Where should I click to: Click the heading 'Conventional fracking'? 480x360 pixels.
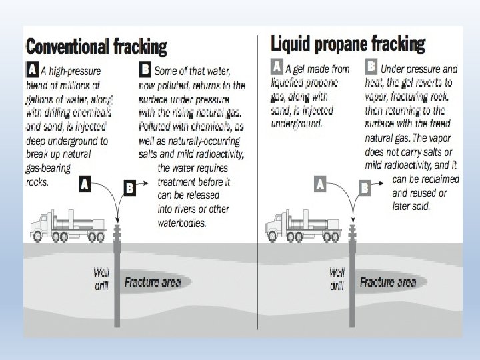(96, 47)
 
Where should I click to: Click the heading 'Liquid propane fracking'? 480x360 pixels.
(347, 45)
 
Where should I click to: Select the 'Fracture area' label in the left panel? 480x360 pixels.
(152, 282)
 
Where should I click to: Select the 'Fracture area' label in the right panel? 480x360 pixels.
(387, 282)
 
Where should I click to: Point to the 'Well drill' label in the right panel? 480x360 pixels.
(337, 279)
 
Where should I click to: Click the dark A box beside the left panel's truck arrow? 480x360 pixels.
(85, 184)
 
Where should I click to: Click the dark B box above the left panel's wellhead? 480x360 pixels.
(130, 189)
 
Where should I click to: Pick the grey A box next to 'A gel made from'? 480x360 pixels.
(277, 67)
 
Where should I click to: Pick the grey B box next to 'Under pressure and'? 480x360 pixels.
(372, 67)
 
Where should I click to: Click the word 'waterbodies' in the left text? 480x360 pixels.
(182, 224)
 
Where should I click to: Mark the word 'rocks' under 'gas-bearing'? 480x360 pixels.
(39, 182)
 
